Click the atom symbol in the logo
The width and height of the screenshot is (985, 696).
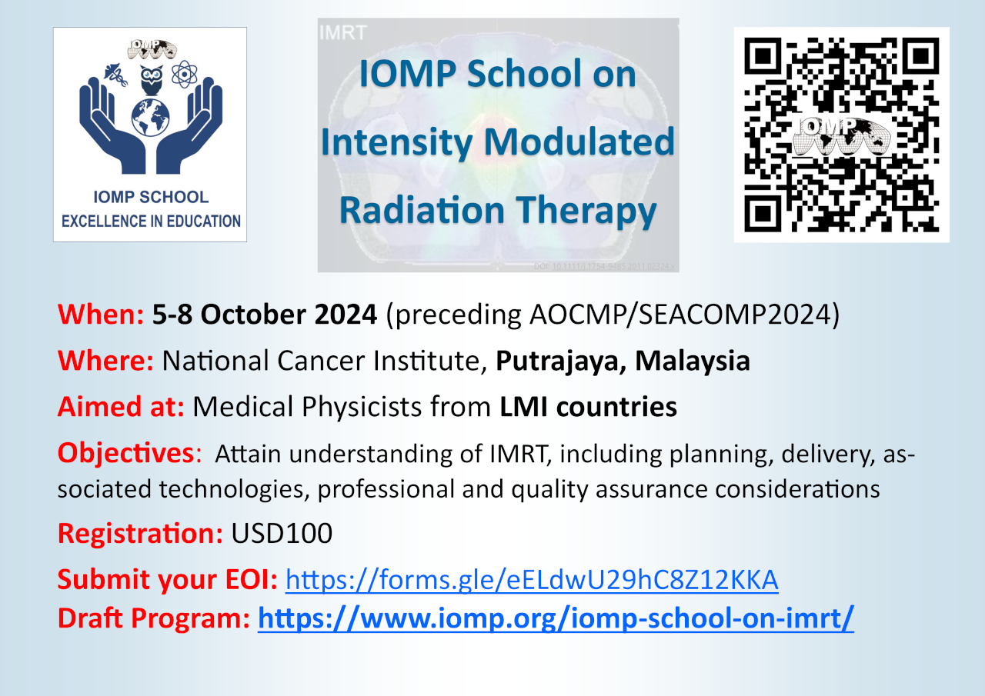[185, 75]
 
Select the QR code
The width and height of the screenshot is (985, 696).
[841, 135]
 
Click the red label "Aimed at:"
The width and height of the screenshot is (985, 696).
[121, 406]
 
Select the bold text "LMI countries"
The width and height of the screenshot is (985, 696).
[588, 406]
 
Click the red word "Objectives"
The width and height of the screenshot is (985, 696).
[125, 454]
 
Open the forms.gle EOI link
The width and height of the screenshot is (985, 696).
[532, 580]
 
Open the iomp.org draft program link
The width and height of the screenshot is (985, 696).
[556, 618]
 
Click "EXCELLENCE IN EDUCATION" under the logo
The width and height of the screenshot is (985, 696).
[151, 221]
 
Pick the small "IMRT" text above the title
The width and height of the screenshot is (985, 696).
[342, 32]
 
